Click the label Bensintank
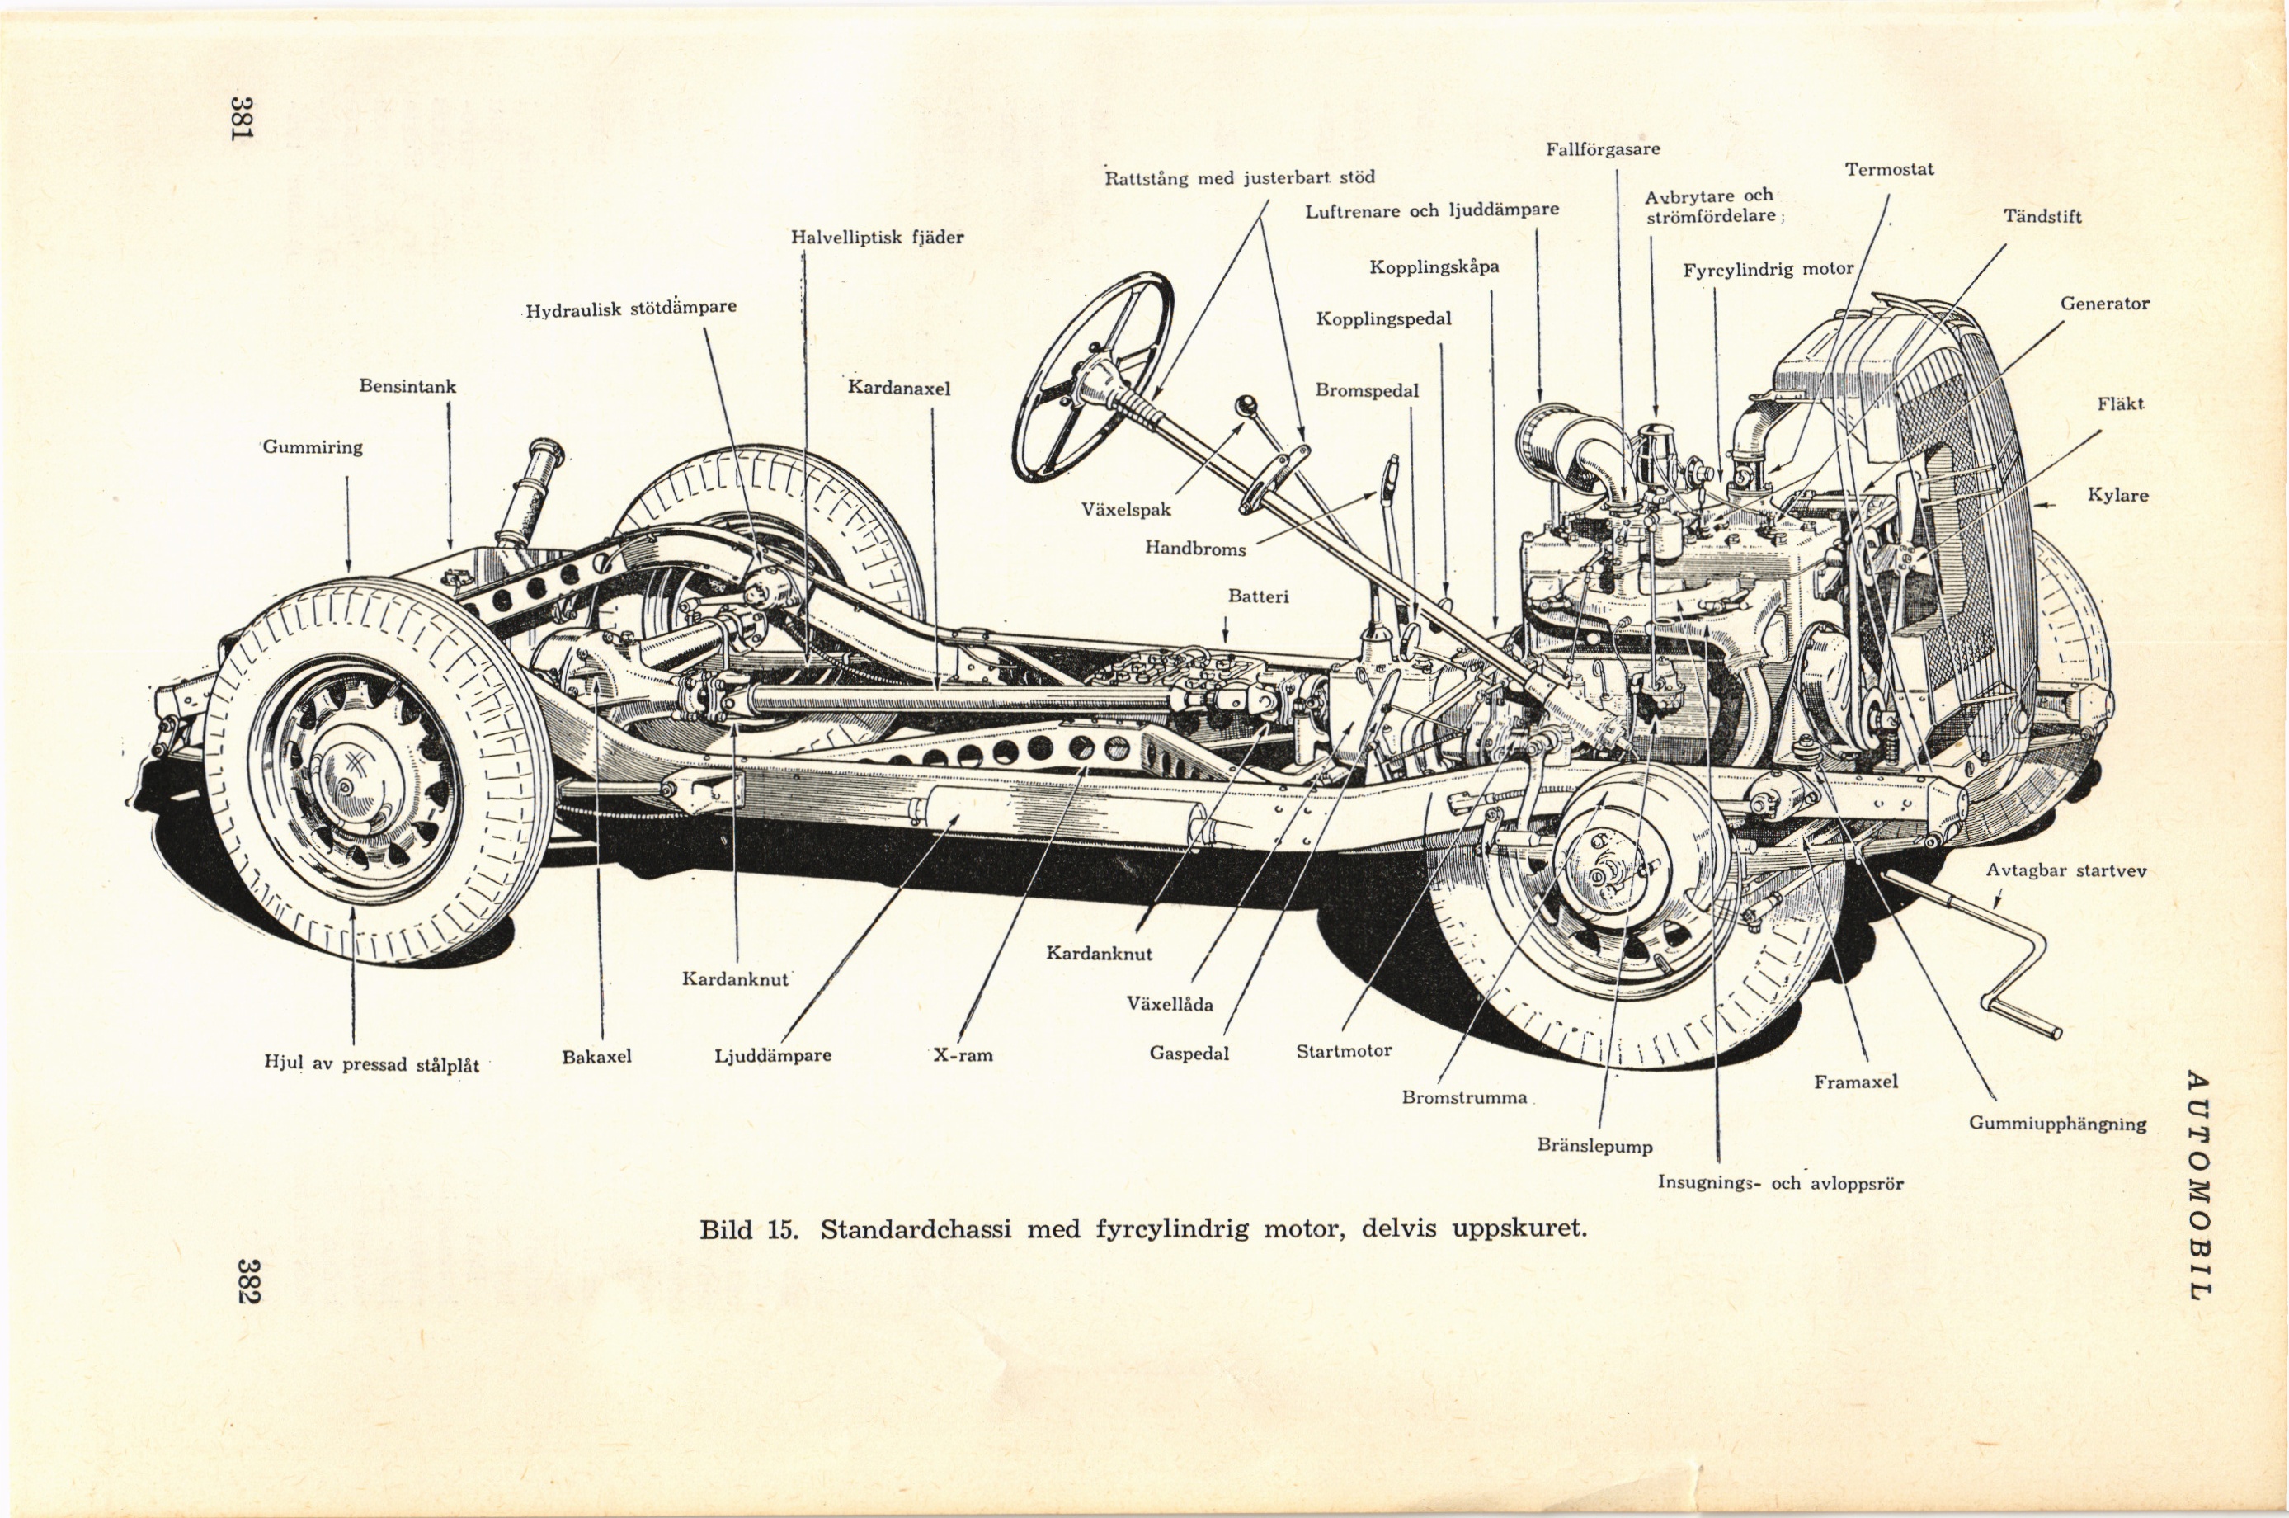pos(407,386)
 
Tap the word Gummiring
pos(313,447)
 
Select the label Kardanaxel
pos(899,389)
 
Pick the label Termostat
pos(1888,169)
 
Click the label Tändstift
pos(2042,217)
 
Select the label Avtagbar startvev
pos(2066,870)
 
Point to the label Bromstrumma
pos(1464,1098)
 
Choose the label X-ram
pos(963,1054)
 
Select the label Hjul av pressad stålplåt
pos(372,1064)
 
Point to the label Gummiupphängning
pos(2058,1124)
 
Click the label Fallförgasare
pos(1603,149)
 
